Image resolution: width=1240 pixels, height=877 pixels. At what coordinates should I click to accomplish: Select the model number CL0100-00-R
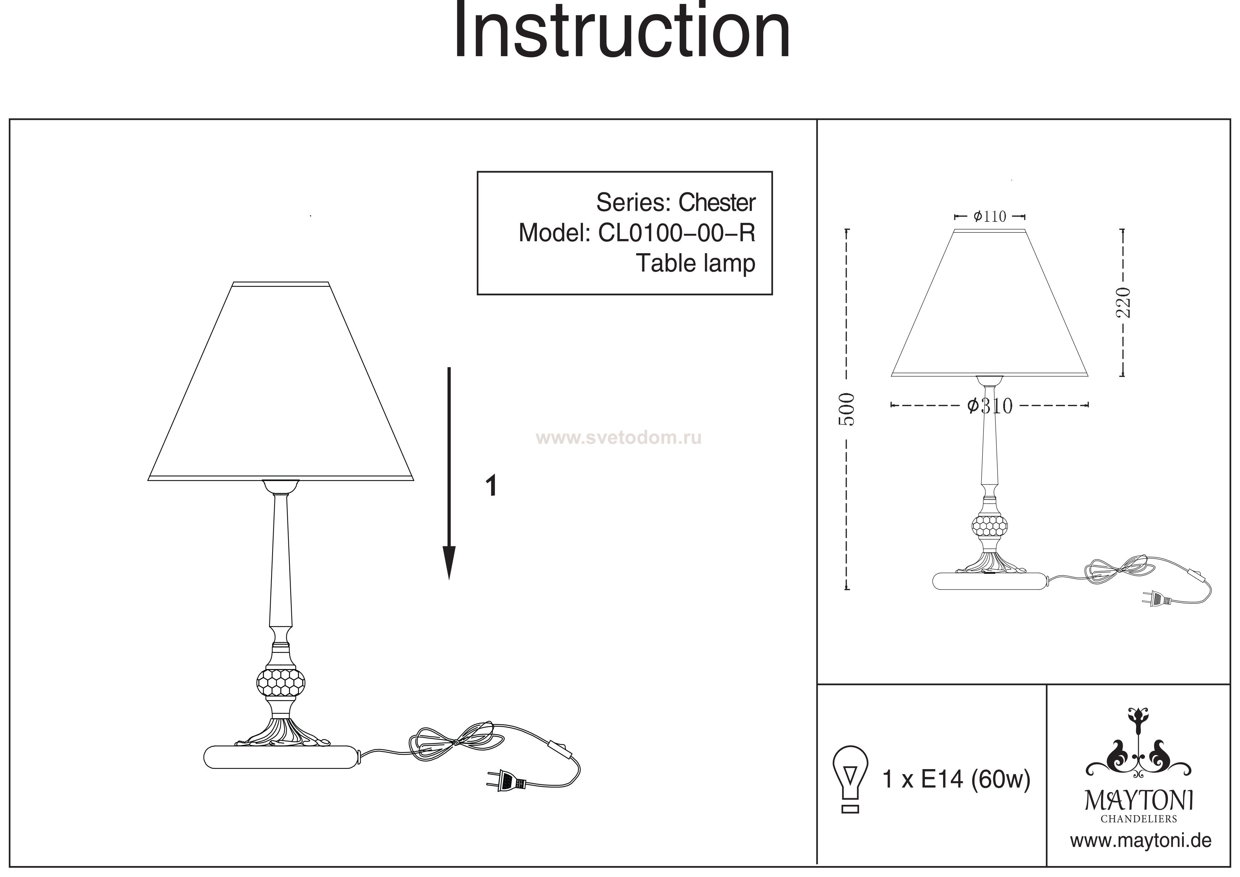click(x=677, y=233)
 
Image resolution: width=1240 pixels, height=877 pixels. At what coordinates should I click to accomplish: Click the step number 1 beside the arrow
click(x=491, y=486)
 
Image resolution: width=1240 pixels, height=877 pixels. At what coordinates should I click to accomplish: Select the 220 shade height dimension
click(x=1123, y=303)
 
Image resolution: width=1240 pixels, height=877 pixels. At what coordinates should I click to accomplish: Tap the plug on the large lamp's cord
click(x=505, y=780)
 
